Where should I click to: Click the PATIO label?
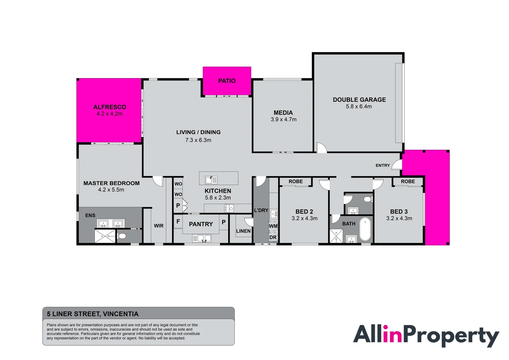coord(227,81)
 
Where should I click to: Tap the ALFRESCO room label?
coord(110,107)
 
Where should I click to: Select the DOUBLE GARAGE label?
coord(359,100)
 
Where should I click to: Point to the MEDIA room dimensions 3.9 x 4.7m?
coord(283,119)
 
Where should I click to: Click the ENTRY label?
coord(382,165)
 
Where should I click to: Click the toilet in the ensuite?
coord(122,236)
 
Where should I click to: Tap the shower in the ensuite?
coord(105,236)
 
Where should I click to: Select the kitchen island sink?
coord(211,180)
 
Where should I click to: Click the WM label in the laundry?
coord(273,226)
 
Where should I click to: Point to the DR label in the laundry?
coord(273,237)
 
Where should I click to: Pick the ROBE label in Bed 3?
coord(408,181)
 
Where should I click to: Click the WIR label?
coord(159,226)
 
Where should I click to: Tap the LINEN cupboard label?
coord(243,231)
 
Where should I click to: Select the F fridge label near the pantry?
coord(178,221)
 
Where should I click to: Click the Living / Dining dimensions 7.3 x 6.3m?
coord(198,140)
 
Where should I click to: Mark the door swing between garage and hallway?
coord(321,148)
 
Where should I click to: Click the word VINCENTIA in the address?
coord(121,314)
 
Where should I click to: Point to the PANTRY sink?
coord(202,238)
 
